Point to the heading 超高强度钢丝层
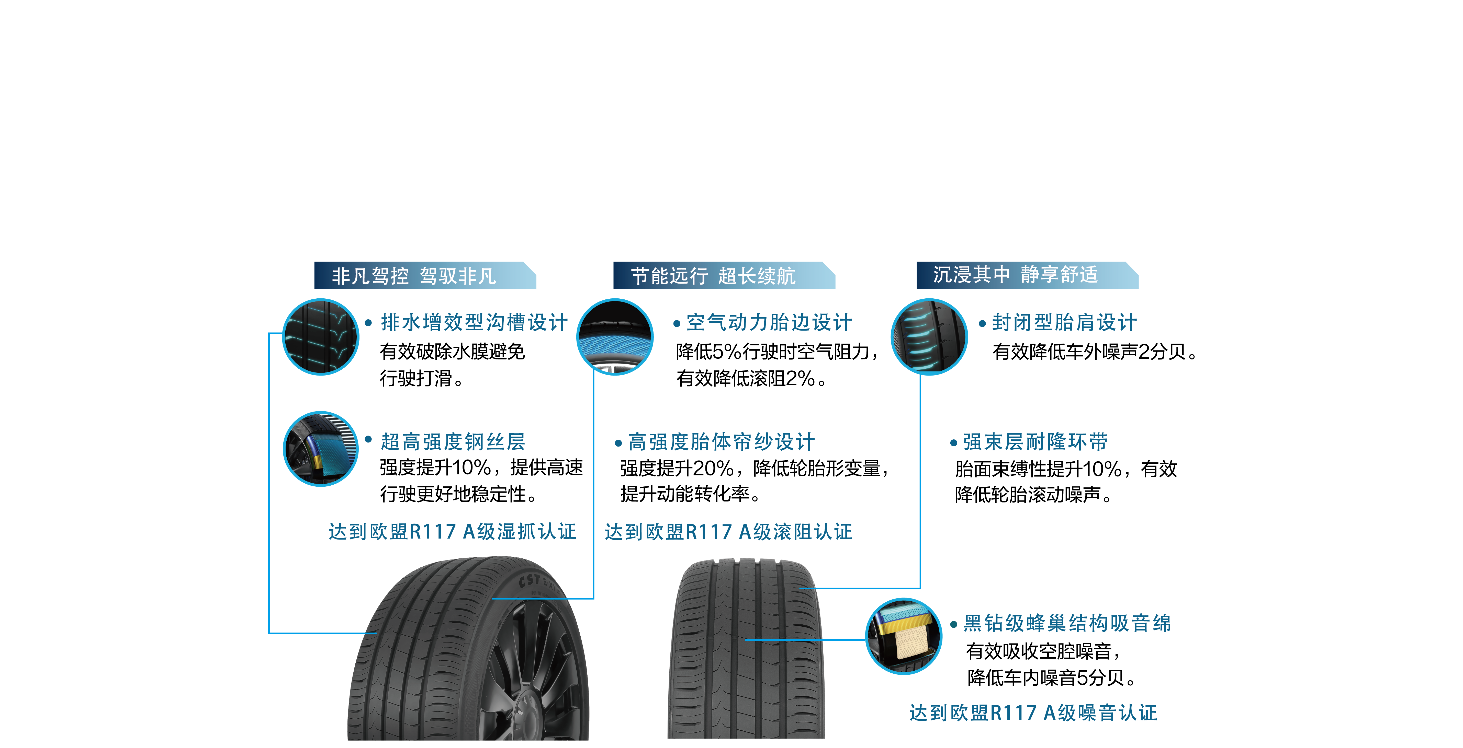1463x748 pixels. coord(453,441)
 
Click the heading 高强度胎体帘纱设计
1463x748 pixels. coord(721,441)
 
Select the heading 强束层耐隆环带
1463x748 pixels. coord(1035,441)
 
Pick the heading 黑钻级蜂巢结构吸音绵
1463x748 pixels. coord(1067,623)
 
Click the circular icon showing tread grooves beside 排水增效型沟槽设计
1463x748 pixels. coord(321,336)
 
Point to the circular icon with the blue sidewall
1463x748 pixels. coord(615,336)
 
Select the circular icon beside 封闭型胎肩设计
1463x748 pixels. coord(929,336)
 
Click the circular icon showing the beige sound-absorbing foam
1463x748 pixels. coord(904,636)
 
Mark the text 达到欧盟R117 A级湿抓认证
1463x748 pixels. coord(452,532)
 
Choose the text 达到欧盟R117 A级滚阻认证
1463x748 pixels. coord(728,532)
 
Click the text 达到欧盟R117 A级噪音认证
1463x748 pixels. coord(1032,713)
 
